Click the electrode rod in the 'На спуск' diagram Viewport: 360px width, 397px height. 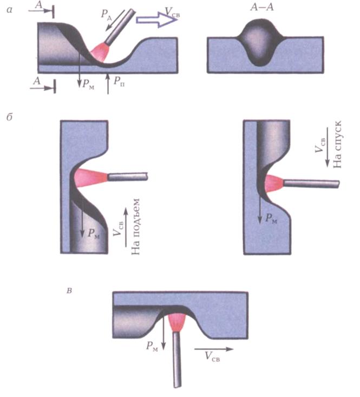pyautogui.click(x=311, y=184)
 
